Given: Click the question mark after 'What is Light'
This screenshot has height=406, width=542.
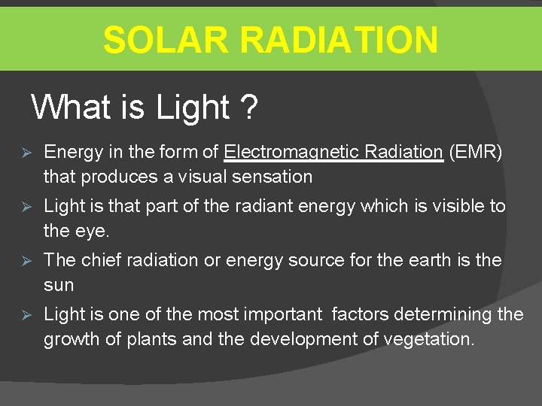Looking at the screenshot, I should (x=249, y=108).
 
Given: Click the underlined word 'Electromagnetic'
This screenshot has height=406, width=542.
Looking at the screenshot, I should (x=291, y=152).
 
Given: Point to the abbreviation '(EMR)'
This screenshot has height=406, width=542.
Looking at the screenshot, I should (x=475, y=152).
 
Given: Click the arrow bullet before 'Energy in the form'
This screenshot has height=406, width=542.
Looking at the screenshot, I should (x=24, y=153).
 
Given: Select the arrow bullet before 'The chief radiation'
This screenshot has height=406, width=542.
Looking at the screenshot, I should (x=24, y=261).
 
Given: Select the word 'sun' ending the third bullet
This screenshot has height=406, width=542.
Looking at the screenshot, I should (x=59, y=285).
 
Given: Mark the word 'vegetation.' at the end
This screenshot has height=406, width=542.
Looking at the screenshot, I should (x=429, y=339).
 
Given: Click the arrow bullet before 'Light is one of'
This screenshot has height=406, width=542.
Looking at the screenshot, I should (x=24, y=315).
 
